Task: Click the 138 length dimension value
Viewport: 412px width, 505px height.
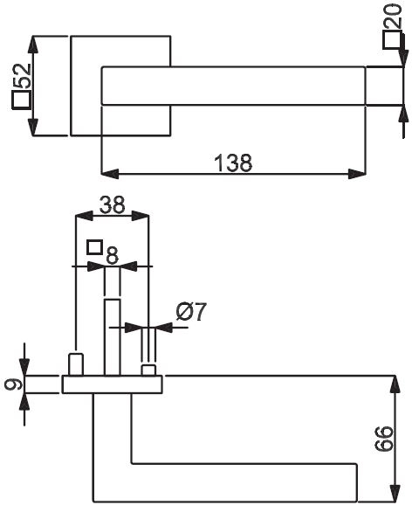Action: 233,163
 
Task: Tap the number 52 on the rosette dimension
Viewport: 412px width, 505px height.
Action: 22,76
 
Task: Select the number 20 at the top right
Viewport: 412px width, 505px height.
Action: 393,16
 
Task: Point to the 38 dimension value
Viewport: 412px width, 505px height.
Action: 112,204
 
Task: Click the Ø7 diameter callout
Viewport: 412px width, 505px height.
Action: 191,312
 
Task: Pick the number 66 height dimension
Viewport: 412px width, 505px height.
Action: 384,439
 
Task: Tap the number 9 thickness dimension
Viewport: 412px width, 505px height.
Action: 14,384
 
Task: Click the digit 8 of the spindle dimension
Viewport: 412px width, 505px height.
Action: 112,256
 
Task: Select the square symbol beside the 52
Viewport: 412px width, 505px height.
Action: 21,100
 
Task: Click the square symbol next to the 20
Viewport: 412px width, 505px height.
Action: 393,40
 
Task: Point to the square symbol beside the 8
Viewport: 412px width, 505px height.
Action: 94,247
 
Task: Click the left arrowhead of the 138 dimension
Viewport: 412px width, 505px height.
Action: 110,174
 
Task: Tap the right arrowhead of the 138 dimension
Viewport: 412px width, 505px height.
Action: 357,174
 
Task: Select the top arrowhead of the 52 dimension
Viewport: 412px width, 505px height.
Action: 33,45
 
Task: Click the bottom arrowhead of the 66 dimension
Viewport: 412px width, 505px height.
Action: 395,493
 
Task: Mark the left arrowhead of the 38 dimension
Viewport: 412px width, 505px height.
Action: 84,216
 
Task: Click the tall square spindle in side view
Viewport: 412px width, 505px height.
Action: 113,337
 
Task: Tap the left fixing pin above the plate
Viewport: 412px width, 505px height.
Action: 76,364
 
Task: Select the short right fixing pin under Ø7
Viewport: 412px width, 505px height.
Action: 148,370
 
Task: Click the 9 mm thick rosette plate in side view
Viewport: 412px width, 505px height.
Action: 112,384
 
